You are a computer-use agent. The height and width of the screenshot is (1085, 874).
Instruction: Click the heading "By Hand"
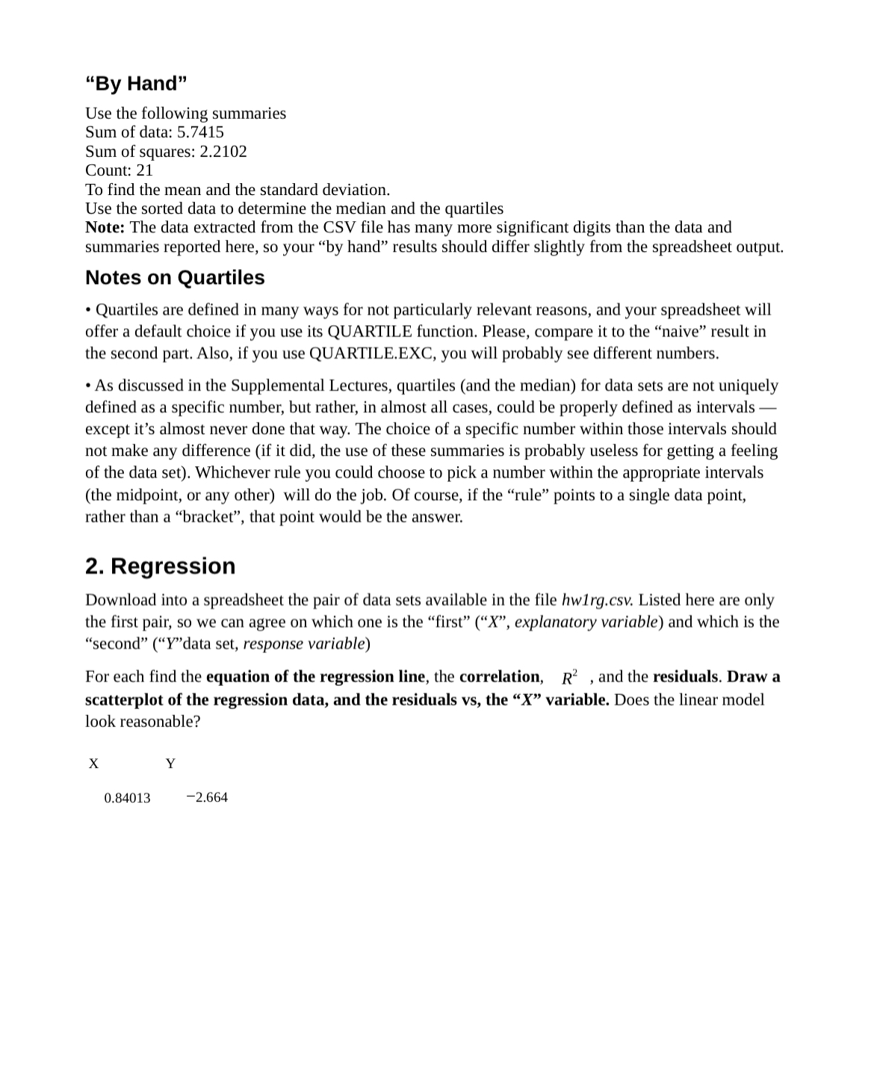click(136, 83)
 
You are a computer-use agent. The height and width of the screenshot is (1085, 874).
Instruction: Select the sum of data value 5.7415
click(199, 132)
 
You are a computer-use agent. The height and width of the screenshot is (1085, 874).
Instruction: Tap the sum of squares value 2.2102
click(223, 151)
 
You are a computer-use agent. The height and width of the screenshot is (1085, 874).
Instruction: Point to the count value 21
click(143, 170)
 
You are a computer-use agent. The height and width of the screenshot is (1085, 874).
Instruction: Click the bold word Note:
click(105, 227)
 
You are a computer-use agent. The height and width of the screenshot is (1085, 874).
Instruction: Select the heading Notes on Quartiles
click(175, 277)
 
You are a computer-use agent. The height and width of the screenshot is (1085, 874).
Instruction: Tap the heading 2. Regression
click(160, 566)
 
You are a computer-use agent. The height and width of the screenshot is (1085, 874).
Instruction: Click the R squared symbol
click(569, 677)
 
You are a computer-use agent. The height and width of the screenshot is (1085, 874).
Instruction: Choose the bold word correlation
click(499, 677)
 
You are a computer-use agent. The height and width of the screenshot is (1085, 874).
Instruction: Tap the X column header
click(93, 764)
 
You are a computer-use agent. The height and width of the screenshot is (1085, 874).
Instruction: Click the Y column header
click(170, 764)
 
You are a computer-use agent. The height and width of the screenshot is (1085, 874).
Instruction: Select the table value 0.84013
click(127, 798)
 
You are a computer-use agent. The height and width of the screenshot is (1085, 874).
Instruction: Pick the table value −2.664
click(207, 797)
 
